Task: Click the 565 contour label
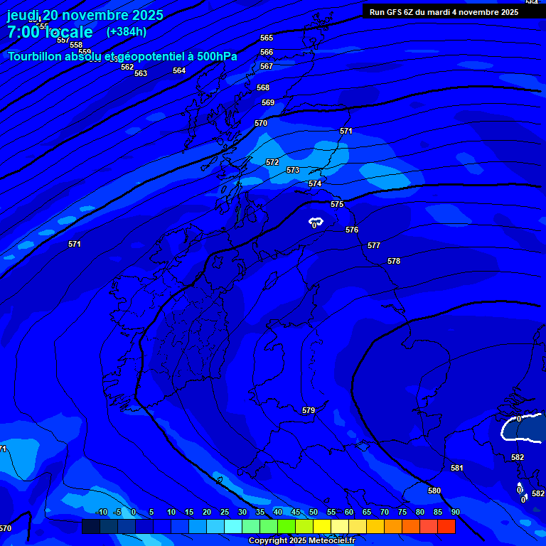(x=267, y=38)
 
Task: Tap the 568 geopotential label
(x=263, y=87)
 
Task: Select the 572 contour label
(x=272, y=162)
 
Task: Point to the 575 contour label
(x=337, y=204)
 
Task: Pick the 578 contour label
(x=394, y=261)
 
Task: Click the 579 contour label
(x=309, y=410)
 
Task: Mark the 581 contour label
(x=457, y=468)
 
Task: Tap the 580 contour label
(x=434, y=491)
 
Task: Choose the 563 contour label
(x=141, y=73)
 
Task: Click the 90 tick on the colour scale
(x=455, y=512)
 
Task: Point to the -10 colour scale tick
(x=101, y=512)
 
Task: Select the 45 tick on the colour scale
(x=296, y=512)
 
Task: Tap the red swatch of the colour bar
(x=446, y=526)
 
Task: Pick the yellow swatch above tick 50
(x=322, y=526)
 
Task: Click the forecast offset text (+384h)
(x=127, y=31)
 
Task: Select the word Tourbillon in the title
(x=36, y=56)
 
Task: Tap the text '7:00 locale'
(x=50, y=32)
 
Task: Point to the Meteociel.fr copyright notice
(x=301, y=541)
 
